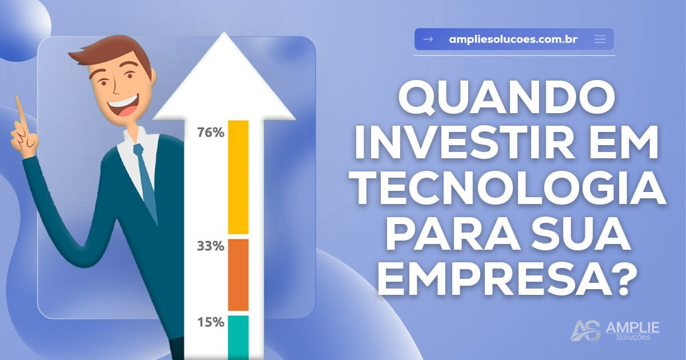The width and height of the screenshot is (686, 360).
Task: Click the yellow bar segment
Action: click(x=238, y=177)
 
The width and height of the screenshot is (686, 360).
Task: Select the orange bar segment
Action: click(x=238, y=274)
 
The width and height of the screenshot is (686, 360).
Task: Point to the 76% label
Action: click(x=210, y=133)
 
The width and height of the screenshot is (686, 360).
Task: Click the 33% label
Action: click(x=210, y=247)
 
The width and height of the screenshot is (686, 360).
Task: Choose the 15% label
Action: click(x=210, y=322)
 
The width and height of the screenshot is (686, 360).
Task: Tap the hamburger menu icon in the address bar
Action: click(x=600, y=39)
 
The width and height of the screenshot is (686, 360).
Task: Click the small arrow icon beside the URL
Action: click(x=428, y=39)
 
